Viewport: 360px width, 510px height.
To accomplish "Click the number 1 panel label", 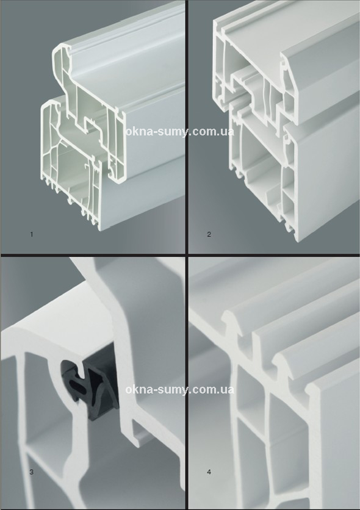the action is [x=32, y=234].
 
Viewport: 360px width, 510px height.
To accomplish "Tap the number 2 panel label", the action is [x=209, y=234].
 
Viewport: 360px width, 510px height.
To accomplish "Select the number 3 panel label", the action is [x=32, y=472].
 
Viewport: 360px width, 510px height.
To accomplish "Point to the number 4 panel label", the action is [x=209, y=472].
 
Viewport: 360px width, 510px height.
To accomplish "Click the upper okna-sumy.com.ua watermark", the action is [x=180, y=132].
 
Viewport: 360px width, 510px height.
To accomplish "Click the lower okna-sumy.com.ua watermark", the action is [x=180, y=389].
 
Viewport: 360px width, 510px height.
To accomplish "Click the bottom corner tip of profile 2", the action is [x=297, y=241].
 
